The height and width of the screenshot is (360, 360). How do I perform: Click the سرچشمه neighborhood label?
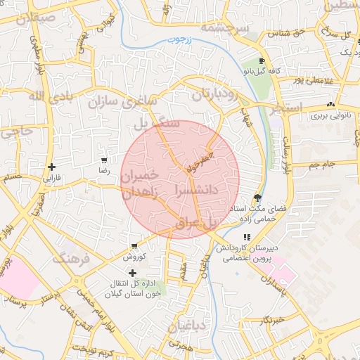point(225,28)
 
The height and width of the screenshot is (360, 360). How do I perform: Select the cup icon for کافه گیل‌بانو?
point(262,61)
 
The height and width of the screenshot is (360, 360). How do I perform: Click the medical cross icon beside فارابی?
point(51,167)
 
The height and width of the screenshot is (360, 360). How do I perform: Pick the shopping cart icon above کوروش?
point(134,246)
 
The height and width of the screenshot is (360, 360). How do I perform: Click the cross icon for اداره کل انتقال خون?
point(132,272)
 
